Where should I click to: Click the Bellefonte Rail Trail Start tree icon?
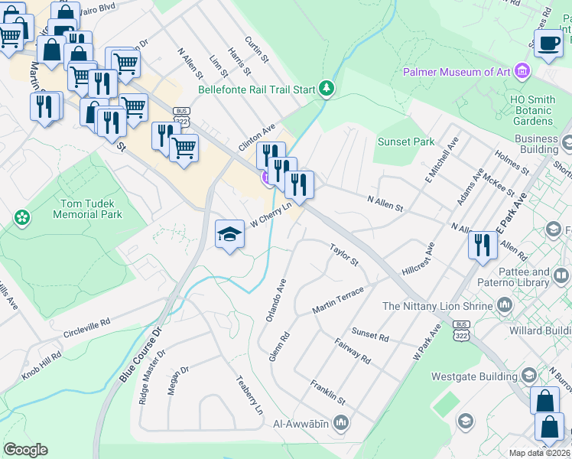pyautogui.click(x=327, y=89)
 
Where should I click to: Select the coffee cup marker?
pyautogui.click(x=548, y=44)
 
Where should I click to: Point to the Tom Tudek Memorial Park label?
pyautogui.click(x=87, y=209)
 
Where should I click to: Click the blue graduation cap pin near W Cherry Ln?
pyautogui.click(x=229, y=233)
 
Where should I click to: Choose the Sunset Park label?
pyautogui.click(x=406, y=142)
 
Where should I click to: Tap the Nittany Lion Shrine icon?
pyautogui.click(x=505, y=306)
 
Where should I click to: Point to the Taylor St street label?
pyautogui.click(x=343, y=255)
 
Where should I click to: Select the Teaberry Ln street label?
pyautogui.click(x=249, y=395)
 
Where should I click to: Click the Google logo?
pyautogui.click(x=25, y=450)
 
